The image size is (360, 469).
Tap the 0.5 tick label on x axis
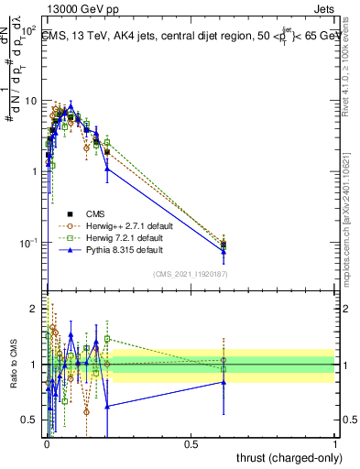[x=191, y=443]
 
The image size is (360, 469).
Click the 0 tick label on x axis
[x=46, y=443]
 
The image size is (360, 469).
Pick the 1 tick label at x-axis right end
[x=335, y=443]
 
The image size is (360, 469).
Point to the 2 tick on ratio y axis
[x=34, y=308]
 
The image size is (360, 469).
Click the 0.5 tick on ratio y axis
[x=30, y=420]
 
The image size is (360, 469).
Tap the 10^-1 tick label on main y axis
[x=28, y=243]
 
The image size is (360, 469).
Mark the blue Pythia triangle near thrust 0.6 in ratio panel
[x=223, y=382]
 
